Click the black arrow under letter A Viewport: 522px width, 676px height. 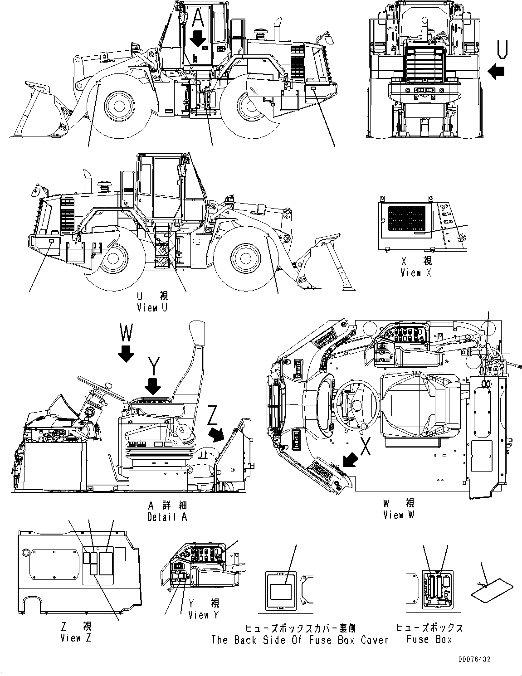pyautogui.click(x=198, y=39)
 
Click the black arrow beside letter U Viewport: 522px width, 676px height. pyautogui.click(x=497, y=71)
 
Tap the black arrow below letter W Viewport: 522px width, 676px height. pyautogui.click(x=126, y=352)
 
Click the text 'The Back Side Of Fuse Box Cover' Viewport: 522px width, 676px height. pyautogui.click(x=300, y=640)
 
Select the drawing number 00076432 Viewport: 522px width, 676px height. pyautogui.click(x=474, y=660)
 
